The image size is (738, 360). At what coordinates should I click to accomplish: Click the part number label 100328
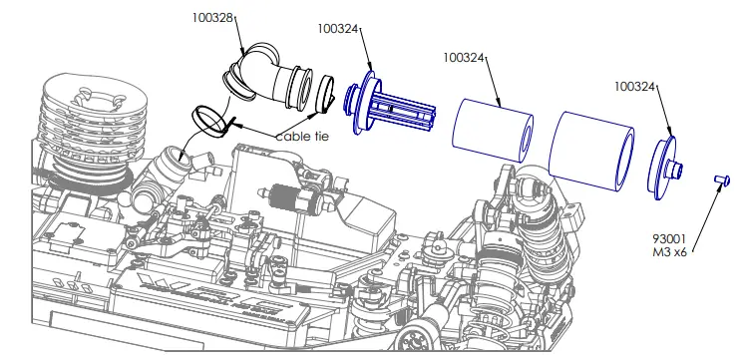pos(212,18)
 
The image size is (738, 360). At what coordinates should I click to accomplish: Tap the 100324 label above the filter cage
pos(338,29)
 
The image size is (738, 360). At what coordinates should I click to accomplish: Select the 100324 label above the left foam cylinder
pos(464,58)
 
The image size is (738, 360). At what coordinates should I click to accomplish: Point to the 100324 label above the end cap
pos(635,87)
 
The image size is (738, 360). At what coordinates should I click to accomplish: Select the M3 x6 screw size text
pos(670,252)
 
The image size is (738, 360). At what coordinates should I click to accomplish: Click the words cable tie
pos(302,137)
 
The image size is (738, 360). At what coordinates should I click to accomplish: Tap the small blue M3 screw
pos(722,180)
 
